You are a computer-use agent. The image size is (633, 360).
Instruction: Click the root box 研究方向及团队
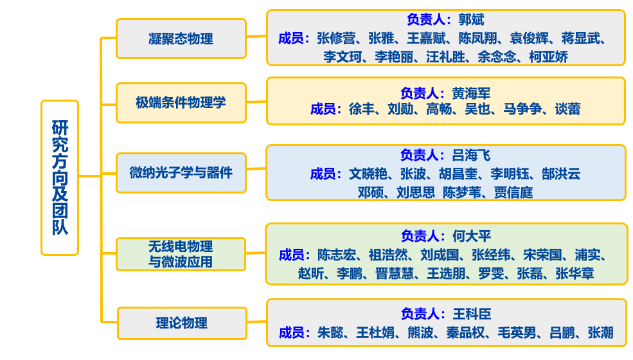[60, 177]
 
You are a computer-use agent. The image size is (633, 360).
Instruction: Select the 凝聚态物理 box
[181, 39]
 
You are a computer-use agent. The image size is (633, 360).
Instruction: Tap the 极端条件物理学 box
[181, 103]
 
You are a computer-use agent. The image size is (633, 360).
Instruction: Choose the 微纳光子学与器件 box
[181, 173]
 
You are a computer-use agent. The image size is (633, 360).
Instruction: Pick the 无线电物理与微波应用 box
[181, 254]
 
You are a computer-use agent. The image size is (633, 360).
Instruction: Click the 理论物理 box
[182, 323]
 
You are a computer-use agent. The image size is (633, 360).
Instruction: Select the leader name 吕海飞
[471, 155]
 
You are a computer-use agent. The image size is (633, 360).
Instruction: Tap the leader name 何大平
[472, 236]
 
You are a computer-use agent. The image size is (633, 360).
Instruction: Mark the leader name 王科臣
[472, 314]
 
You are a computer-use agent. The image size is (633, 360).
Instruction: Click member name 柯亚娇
[548, 57]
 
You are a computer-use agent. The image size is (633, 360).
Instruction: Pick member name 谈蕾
[567, 109]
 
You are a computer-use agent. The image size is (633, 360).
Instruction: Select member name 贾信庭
[513, 192]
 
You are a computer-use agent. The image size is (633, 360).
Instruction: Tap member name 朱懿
[331, 332]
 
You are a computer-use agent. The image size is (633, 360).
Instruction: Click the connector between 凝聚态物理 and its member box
[256, 37]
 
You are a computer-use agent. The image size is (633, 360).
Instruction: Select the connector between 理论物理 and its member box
[257, 322]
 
